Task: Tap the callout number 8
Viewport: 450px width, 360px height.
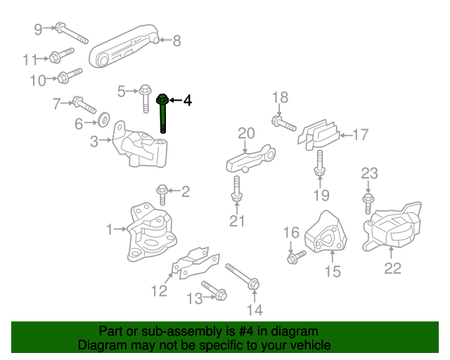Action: [x=176, y=41]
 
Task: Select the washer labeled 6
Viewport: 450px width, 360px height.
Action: [x=101, y=116]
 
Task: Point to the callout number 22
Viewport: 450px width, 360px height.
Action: [x=392, y=267]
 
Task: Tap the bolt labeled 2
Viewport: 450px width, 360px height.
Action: [x=162, y=190]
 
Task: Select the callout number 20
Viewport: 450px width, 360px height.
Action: [x=245, y=132]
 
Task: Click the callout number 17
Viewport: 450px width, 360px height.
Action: [x=360, y=134]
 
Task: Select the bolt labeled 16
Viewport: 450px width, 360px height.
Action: [x=297, y=256]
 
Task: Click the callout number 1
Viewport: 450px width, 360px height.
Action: [x=109, y=229]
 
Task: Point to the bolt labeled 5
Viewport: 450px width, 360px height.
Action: [x=145, y=99]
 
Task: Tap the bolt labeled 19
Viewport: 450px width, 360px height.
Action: [x=320, y=166]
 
